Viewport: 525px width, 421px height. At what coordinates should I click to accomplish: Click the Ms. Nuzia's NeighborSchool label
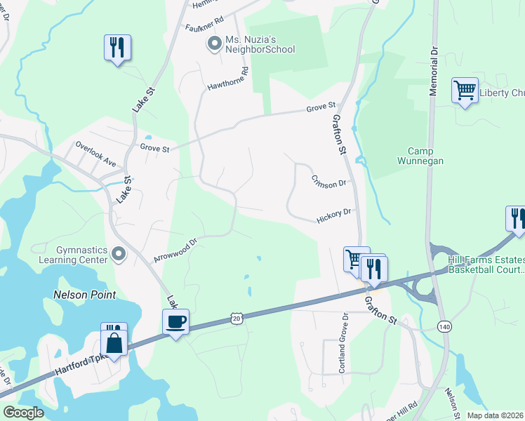point(260,44)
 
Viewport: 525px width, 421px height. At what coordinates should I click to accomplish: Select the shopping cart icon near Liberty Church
point(465,91)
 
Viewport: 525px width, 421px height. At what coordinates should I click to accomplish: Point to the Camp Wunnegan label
point(430,156)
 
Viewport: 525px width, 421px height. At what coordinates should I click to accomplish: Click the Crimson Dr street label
point(328,182)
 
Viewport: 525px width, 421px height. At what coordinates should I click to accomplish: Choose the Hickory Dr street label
point(333,215)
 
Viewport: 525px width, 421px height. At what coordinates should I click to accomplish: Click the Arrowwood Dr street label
point(176,248)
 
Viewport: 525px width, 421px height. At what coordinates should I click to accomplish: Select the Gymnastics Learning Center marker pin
point(119,254)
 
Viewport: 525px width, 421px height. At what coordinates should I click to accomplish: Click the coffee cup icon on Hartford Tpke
point(175,322)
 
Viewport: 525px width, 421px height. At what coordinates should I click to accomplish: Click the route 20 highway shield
point(237,319)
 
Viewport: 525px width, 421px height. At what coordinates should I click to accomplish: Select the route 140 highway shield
point(444,345)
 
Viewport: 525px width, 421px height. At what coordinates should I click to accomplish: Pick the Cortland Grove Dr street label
point(345,343)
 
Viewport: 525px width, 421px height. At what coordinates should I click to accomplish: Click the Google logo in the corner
point(23,413)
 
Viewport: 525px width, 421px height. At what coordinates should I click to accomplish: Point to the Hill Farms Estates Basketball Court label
point(486,265)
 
